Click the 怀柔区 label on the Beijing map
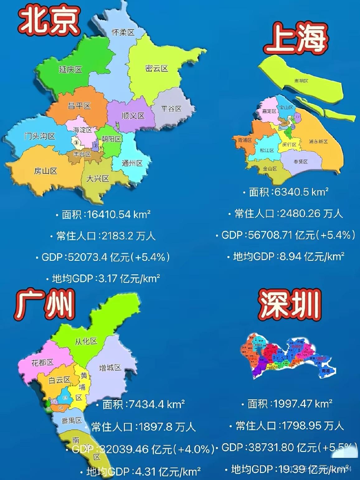[x=123, y=32]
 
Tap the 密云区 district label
[x=156, y=68]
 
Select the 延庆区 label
[x=70, y=69]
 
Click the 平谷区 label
[x=171, y=109]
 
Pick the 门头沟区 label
[x=40, y=136]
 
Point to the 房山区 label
[x=45, y=171]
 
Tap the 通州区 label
[x=132, y=163]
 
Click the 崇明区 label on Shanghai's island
[x=301, y=81]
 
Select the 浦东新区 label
[x=318, y=141]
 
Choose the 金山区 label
[x=270, y=168]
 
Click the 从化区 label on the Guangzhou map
[x=86, y=341]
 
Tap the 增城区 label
[x=110, y=368]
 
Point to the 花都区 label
[x=42, y=362]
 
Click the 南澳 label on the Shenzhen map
[x=326, y=371]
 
